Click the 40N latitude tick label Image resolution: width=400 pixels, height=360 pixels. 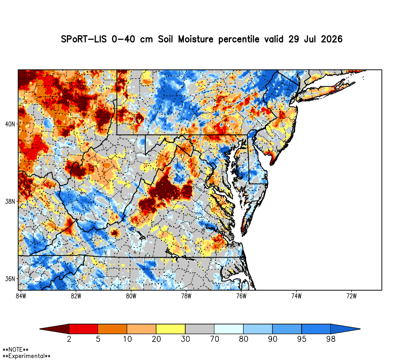10,124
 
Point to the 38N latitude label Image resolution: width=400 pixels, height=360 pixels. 10,202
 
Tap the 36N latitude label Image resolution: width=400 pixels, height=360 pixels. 10,279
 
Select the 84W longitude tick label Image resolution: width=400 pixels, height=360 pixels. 21,296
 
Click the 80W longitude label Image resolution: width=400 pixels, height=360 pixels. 131,296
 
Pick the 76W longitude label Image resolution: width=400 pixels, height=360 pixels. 241,296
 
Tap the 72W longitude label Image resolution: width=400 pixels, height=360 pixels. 352,296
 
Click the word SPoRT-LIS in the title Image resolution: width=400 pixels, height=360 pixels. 84,39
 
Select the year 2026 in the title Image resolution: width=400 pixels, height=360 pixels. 331,39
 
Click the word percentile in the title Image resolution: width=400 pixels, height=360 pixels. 238,40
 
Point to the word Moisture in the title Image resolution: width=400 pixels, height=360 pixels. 196,39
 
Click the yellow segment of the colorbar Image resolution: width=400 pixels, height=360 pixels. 171,329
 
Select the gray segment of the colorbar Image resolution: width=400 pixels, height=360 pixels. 200,329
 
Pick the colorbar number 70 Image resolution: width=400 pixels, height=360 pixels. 214,339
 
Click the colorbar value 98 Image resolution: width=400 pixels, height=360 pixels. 331,339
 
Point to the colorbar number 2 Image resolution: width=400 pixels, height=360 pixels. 69,339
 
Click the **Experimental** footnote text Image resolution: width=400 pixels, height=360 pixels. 26,356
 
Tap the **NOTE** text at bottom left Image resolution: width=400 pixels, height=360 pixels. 16,350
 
